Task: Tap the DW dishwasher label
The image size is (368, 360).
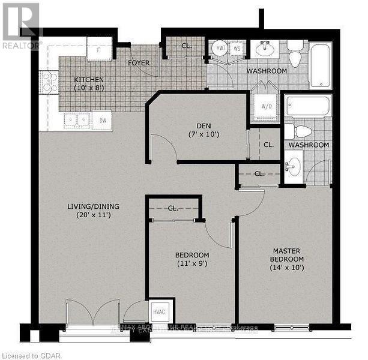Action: (x=103, y=121)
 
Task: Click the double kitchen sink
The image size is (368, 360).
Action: (x=77, y=120)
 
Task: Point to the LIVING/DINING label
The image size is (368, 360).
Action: (x=93, y=206)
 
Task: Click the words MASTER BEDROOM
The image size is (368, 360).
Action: (x=288, y=255)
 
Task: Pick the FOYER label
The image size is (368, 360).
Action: (x=139, y=63)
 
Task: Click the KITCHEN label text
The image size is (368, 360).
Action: (x=89, y=80)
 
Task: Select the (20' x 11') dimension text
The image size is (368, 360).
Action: (x=93, y=215)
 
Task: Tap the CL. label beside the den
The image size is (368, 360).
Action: (x=268, y=145)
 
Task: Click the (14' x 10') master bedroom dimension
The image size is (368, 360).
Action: (x=288, y=268)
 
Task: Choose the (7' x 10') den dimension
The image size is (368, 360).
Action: (x=199, y=134)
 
